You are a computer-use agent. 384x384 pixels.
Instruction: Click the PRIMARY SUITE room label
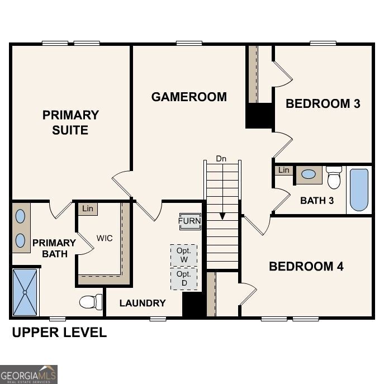pos(70,122)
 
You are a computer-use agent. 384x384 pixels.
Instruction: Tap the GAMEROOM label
pos(189,97)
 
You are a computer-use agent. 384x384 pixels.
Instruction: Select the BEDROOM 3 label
pos(323,103)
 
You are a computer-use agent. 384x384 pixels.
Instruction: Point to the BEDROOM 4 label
pos(306,266)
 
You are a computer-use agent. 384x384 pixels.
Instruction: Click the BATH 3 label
pos(317,200)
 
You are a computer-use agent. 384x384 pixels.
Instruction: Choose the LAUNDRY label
pos(143,303)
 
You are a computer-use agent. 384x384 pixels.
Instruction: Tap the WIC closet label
pos(104,238)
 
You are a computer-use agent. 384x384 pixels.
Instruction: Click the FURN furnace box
pos(189,221)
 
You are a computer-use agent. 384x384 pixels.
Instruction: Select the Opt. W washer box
pos(184,255)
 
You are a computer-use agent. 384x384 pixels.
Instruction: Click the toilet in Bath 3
pos(334,177)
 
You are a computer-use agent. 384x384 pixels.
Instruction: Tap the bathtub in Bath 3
pos(359,189)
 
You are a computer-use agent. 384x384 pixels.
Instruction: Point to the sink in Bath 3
pos(308,174)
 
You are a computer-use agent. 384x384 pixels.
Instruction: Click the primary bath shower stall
pos(25,292)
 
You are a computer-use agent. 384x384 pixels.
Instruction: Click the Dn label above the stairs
pos(221,159)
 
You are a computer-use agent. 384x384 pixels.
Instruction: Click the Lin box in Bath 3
pos(284,170)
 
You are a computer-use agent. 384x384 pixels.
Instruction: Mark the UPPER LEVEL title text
pos(59,333)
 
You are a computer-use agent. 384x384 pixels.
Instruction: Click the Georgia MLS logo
pos(29,374)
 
